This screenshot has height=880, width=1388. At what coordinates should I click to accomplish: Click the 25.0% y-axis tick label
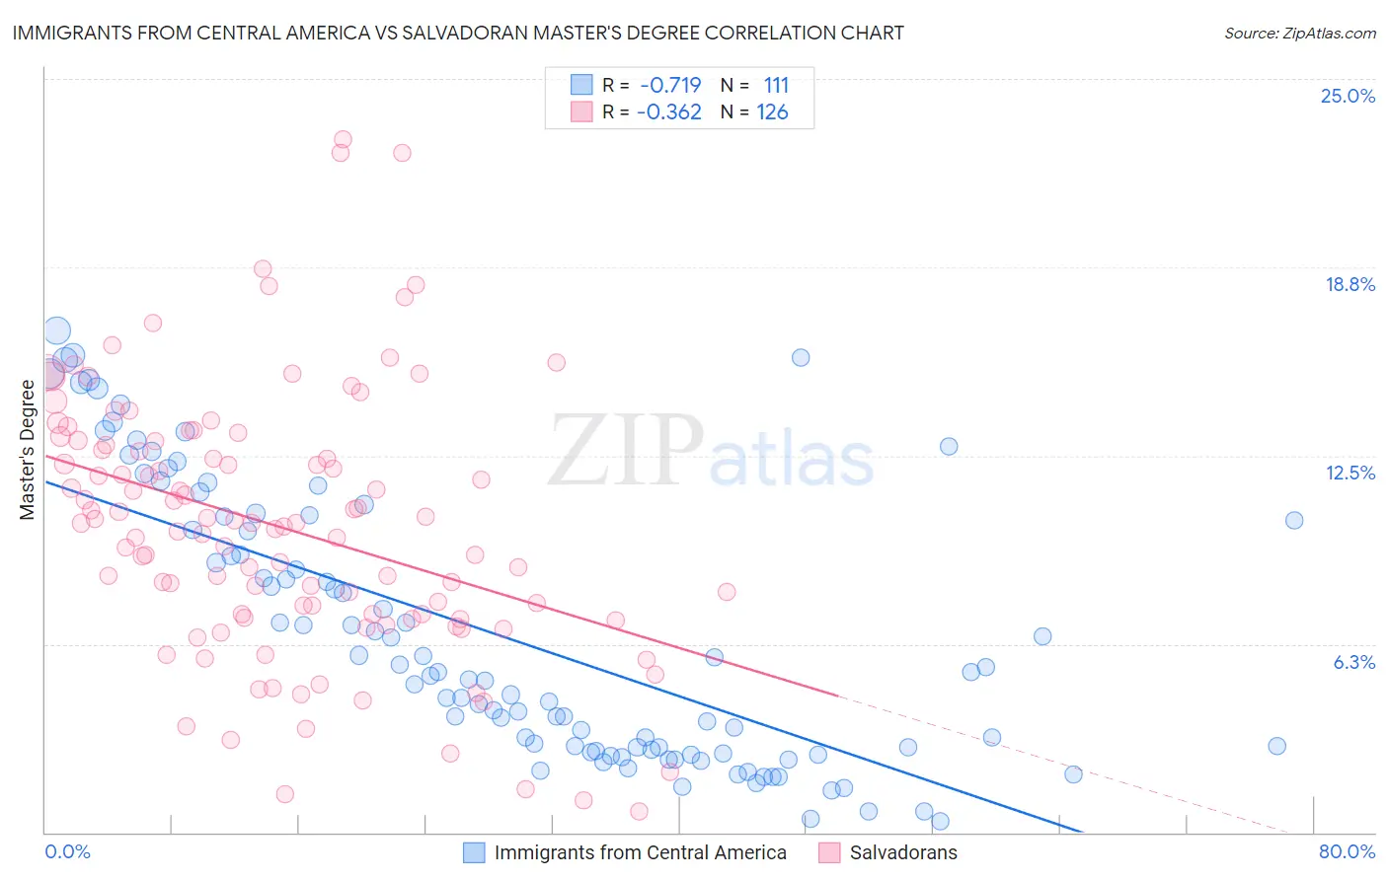click(x=1348, y=96)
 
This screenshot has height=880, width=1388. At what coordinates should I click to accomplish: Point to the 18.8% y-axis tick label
click(x=1349, y=284)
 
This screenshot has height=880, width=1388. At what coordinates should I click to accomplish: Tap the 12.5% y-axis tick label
click(x=1349, y=473)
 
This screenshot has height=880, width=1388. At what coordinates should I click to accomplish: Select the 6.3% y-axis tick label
click(x=1353, y=662)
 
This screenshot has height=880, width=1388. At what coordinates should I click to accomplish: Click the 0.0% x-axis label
click(x=67, y=851)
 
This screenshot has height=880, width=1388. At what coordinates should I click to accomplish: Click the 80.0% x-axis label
click(x=1347, y=851)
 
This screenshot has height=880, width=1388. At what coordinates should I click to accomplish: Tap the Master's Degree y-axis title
click(x=27, y=450)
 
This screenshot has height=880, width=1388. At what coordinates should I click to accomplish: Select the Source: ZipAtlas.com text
click(x=1299, y=33)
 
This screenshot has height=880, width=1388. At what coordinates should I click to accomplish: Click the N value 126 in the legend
click(x=772, y=111)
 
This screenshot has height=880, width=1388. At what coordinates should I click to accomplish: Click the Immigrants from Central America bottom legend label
click(x=640, y=852)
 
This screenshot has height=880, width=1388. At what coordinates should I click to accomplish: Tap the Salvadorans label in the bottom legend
click(x=902, y=852)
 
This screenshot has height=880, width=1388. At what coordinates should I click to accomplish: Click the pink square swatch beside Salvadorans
click(x=829, y=852)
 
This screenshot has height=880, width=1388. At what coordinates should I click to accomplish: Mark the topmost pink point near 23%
click(x=343, y=139)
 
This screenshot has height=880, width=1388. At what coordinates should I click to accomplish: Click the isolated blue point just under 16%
click(x=801, y=357)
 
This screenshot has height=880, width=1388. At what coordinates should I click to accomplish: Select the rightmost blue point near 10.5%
click(x=1294, y=520)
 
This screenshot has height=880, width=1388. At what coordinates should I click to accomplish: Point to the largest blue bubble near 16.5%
click(x=57, y=330)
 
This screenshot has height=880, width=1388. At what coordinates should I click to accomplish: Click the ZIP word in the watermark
click(x=626, y=450)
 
